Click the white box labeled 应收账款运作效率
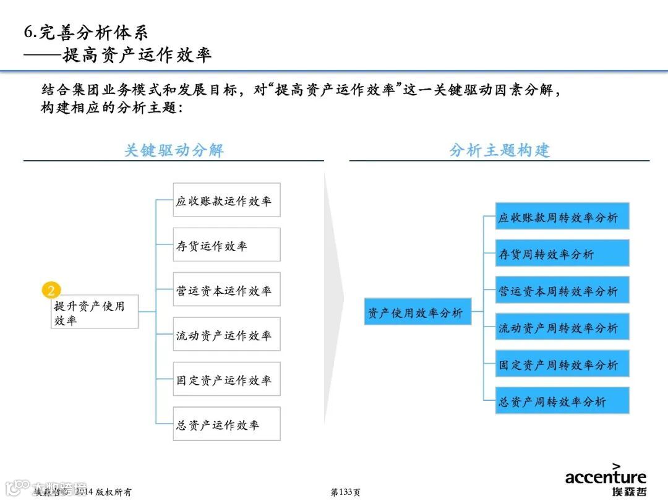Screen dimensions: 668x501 pyautogui.click(x=226, y=200)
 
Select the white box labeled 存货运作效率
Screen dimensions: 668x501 pyautogui.click(x=226, y=245)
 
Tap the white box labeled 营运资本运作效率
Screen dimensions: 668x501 pyautogui.click(x=226, y=289)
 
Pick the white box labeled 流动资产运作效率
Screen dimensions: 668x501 pyautogui.click(x=226, y=335)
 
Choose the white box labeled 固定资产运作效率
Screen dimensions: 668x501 pyautogui.click(x=226, y=379)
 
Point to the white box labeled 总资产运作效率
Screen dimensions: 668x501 pyautogui.click(x=226, y=424)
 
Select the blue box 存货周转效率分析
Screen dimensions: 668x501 pyautogui.click(x=562, y=254)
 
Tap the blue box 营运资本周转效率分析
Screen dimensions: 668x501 pyautogui.click(x=562, y=291)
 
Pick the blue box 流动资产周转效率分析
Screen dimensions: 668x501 pyautogui.click(x=562, y=327)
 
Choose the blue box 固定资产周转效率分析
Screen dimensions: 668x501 pyautogui.click(x=562, y=364)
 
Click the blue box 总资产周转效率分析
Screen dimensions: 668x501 pyautogui.click(x=562, y=401)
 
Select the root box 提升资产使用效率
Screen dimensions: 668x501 pyautogui.click(x=94, y=312)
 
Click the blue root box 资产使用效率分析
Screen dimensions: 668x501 pyautogui.click(x=417, y=312)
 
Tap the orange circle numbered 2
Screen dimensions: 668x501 pyautogui.click(x=51, y=290)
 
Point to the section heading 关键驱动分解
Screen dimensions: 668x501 pyautogui.click(x=174, y=150)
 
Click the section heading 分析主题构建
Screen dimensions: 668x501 pyautogui.click(x=499, y=150)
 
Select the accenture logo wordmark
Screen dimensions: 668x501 pyautogui.click(x=606, y=477)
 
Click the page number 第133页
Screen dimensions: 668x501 pyautogui.click(x=346, y=492)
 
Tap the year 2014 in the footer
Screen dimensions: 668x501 pyautogui.click(x=83, y=492)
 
